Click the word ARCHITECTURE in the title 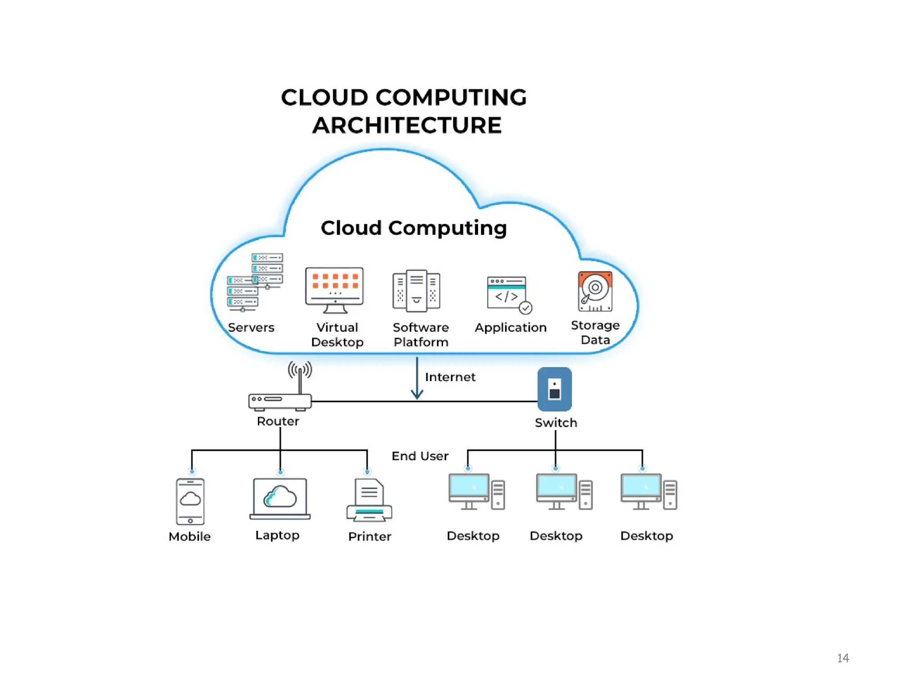(407, 125)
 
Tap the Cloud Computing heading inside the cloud (414, 228)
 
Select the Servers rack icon (255, 283)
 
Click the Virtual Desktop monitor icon (334, 290)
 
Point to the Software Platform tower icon (416, 291)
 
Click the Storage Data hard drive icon (595, 292)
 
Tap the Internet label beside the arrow (450, 377)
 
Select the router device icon (280, 401)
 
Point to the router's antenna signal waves (300, 370)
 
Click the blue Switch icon (555, 389)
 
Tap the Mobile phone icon (190, 502)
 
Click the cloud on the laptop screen (280, 497)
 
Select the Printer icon (369, 501)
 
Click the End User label (420, 456)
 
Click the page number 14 (843, 658)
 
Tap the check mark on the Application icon (525, 308)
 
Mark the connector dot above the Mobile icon (192, 471)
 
